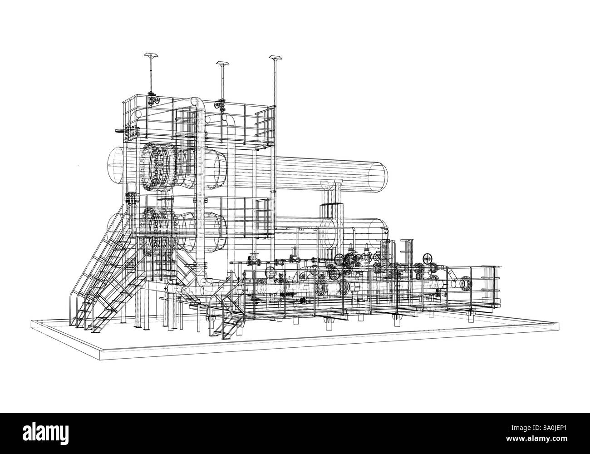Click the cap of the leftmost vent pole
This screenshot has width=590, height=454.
tap(152, 55)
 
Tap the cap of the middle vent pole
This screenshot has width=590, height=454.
tap(223, 64)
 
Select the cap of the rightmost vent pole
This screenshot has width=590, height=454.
tap(275, 58)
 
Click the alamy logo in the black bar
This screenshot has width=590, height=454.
tap(46, 432)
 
